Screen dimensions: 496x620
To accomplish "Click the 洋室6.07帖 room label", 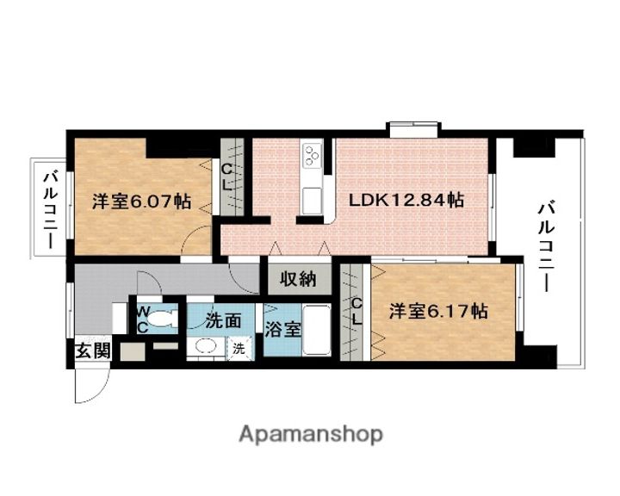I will point(142,203).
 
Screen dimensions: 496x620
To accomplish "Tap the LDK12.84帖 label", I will point(406,200).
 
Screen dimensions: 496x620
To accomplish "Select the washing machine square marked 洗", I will point(238,349).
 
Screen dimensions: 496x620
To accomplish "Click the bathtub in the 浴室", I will point(316,330).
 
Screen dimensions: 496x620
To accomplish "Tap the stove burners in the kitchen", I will point(312,158).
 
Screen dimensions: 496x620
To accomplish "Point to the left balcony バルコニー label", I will point(51,209).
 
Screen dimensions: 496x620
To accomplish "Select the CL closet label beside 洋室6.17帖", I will point(356,311).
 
